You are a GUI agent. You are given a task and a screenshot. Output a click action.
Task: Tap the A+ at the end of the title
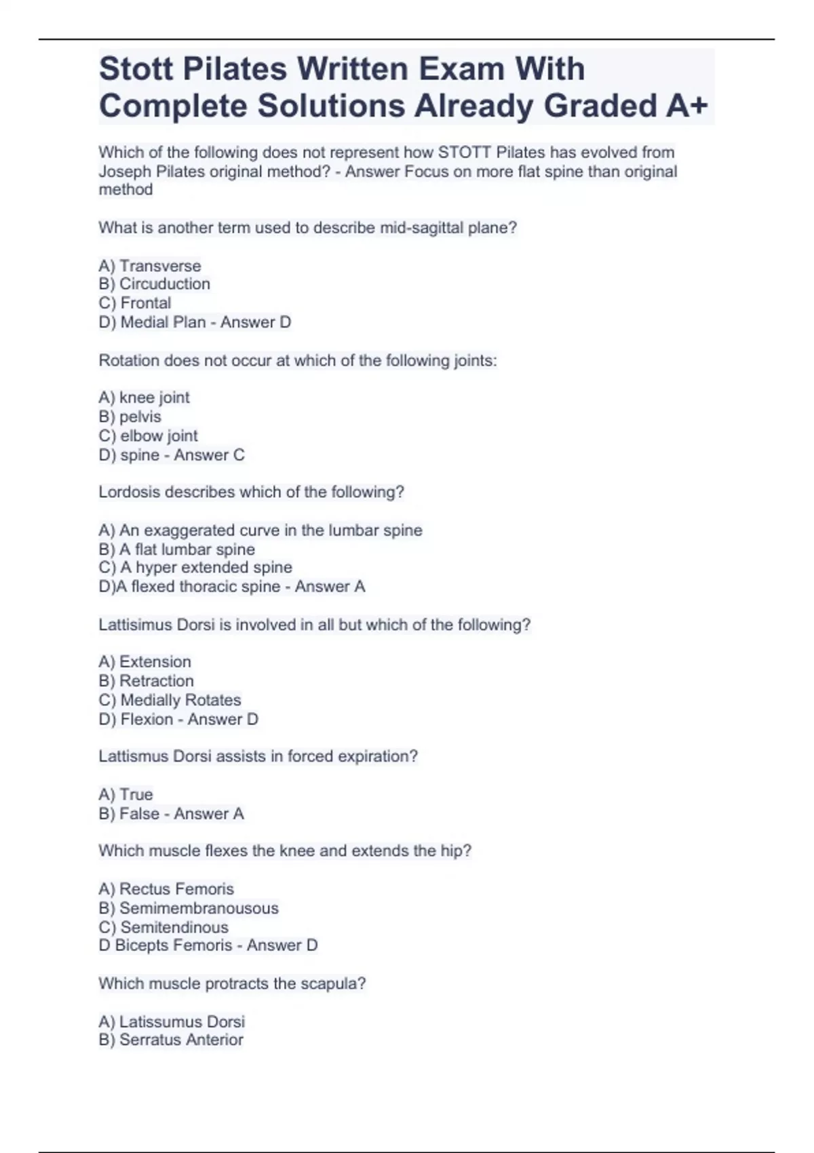click(686, 106)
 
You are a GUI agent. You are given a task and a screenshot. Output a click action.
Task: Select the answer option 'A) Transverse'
click(150, 266)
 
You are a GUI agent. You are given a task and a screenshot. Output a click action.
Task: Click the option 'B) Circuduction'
click(154, 284)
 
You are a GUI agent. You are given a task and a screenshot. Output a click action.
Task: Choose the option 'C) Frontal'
click(135, 303)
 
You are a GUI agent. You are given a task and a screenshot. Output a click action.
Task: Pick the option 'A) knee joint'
click(144, 397)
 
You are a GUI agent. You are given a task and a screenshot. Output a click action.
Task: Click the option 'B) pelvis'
click(130, 416)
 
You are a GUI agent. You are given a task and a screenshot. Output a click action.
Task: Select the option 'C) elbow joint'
click(148, 435)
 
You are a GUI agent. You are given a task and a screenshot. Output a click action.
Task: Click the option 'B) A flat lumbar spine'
click(176, 549)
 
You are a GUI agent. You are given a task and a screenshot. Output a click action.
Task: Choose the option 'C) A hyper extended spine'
click(195, 568)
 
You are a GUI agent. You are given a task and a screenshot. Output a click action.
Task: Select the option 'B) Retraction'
click(146, 681)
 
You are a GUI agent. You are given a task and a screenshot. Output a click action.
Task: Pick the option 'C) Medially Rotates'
click(170, 700)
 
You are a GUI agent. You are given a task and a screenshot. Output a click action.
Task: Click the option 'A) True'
click(125, 794)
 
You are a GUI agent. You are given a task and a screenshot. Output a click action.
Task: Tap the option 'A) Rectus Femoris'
click(166, 889)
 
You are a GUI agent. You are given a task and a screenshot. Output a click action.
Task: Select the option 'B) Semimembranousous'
click(189, 908)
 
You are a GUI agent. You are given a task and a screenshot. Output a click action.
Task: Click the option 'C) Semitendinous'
click(163, 927)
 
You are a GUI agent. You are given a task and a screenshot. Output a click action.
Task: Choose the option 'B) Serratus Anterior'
click(171, 1040)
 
